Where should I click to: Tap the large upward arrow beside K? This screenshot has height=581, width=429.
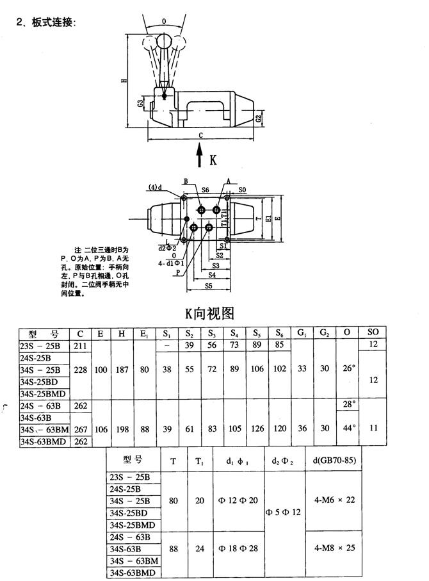pyautogui.click(x=200, y=157)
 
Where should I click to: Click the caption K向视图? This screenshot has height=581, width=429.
pyautogui.click(x=210, y=313)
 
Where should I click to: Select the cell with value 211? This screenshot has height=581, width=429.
pyautogui.click(x=81, y=346)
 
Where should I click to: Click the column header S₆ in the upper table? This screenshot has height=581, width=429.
pyautogui.click(x=279, y=334)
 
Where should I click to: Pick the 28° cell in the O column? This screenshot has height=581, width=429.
pyautogui.click(x=348, y=404)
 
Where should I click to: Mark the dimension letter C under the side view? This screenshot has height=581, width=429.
pyautogui.click(x=200, y=135)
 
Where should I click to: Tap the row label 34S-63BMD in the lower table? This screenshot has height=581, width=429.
pyautogui.click(x=133, y=572)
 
